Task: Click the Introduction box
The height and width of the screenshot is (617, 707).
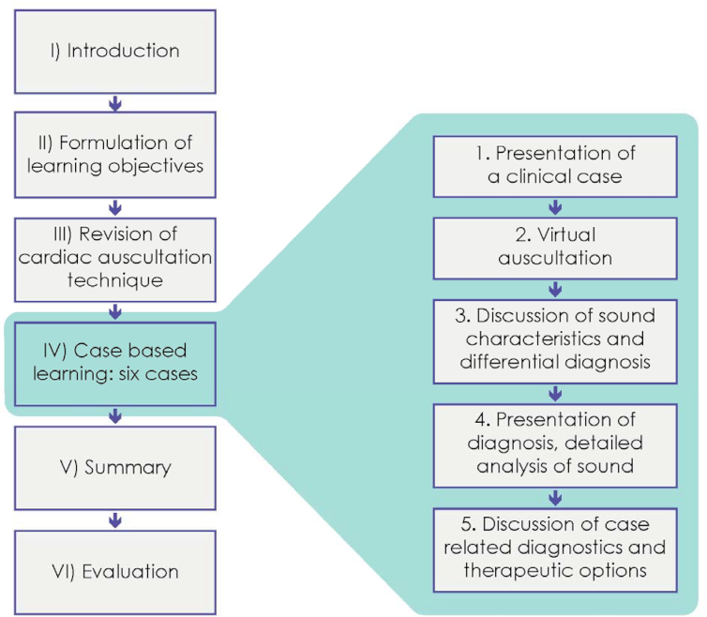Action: pyautogui.click(x=115, y=49)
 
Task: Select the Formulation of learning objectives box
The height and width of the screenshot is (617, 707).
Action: pyautogui.click(x=115, y=154)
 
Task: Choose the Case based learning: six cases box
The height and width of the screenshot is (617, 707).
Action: pyautogui.click(x=115, y=361)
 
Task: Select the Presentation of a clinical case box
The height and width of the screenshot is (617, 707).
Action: pyautogui.click(x=555, y=166)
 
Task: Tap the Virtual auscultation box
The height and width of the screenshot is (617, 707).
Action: pyautogui.click(x=555, y=246)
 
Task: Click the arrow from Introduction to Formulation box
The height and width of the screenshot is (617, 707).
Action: pyautogui.click(x=115, y=101)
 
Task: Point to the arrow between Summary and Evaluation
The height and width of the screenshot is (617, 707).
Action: pyautogui.click(x=115, y=518)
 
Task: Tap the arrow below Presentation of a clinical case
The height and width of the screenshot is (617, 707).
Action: pyautogui.click(x=555, y=206)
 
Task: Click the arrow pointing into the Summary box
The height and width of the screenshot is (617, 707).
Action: pyautogui.click(x=115, y=414)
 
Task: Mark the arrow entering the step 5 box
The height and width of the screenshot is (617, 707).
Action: pyautogui.click(x=555, y=496)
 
